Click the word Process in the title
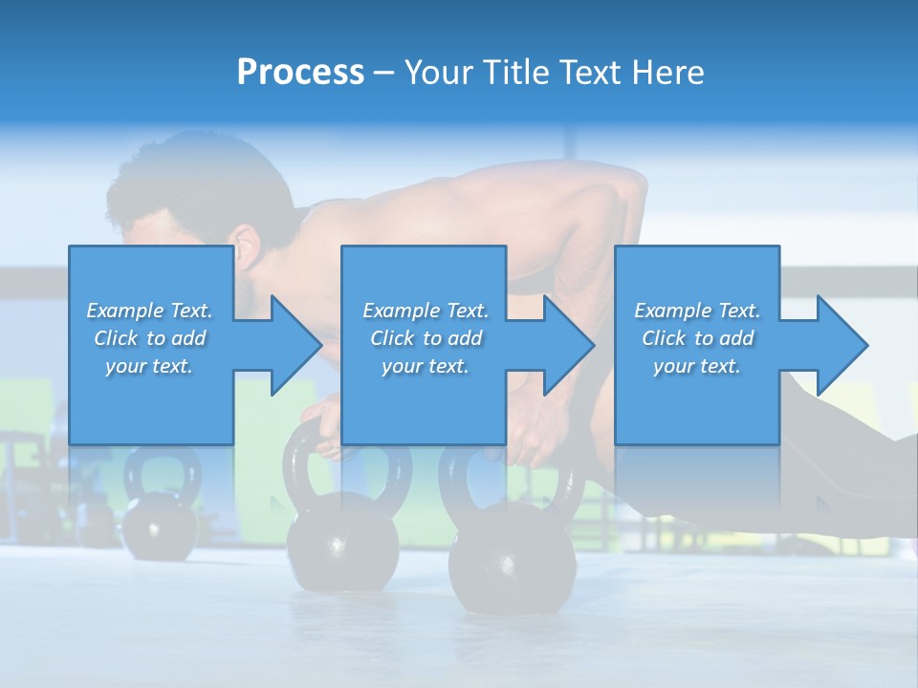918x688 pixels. coord(300,73)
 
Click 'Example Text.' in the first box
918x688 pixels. coord(149,311)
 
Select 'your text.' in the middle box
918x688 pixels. coord(425,366)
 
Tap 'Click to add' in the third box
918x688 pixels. coord(697,338)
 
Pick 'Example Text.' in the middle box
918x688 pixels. coord(425,311)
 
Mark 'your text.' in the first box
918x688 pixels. coord(149,366)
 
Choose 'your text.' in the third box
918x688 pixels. coord(697,366)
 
